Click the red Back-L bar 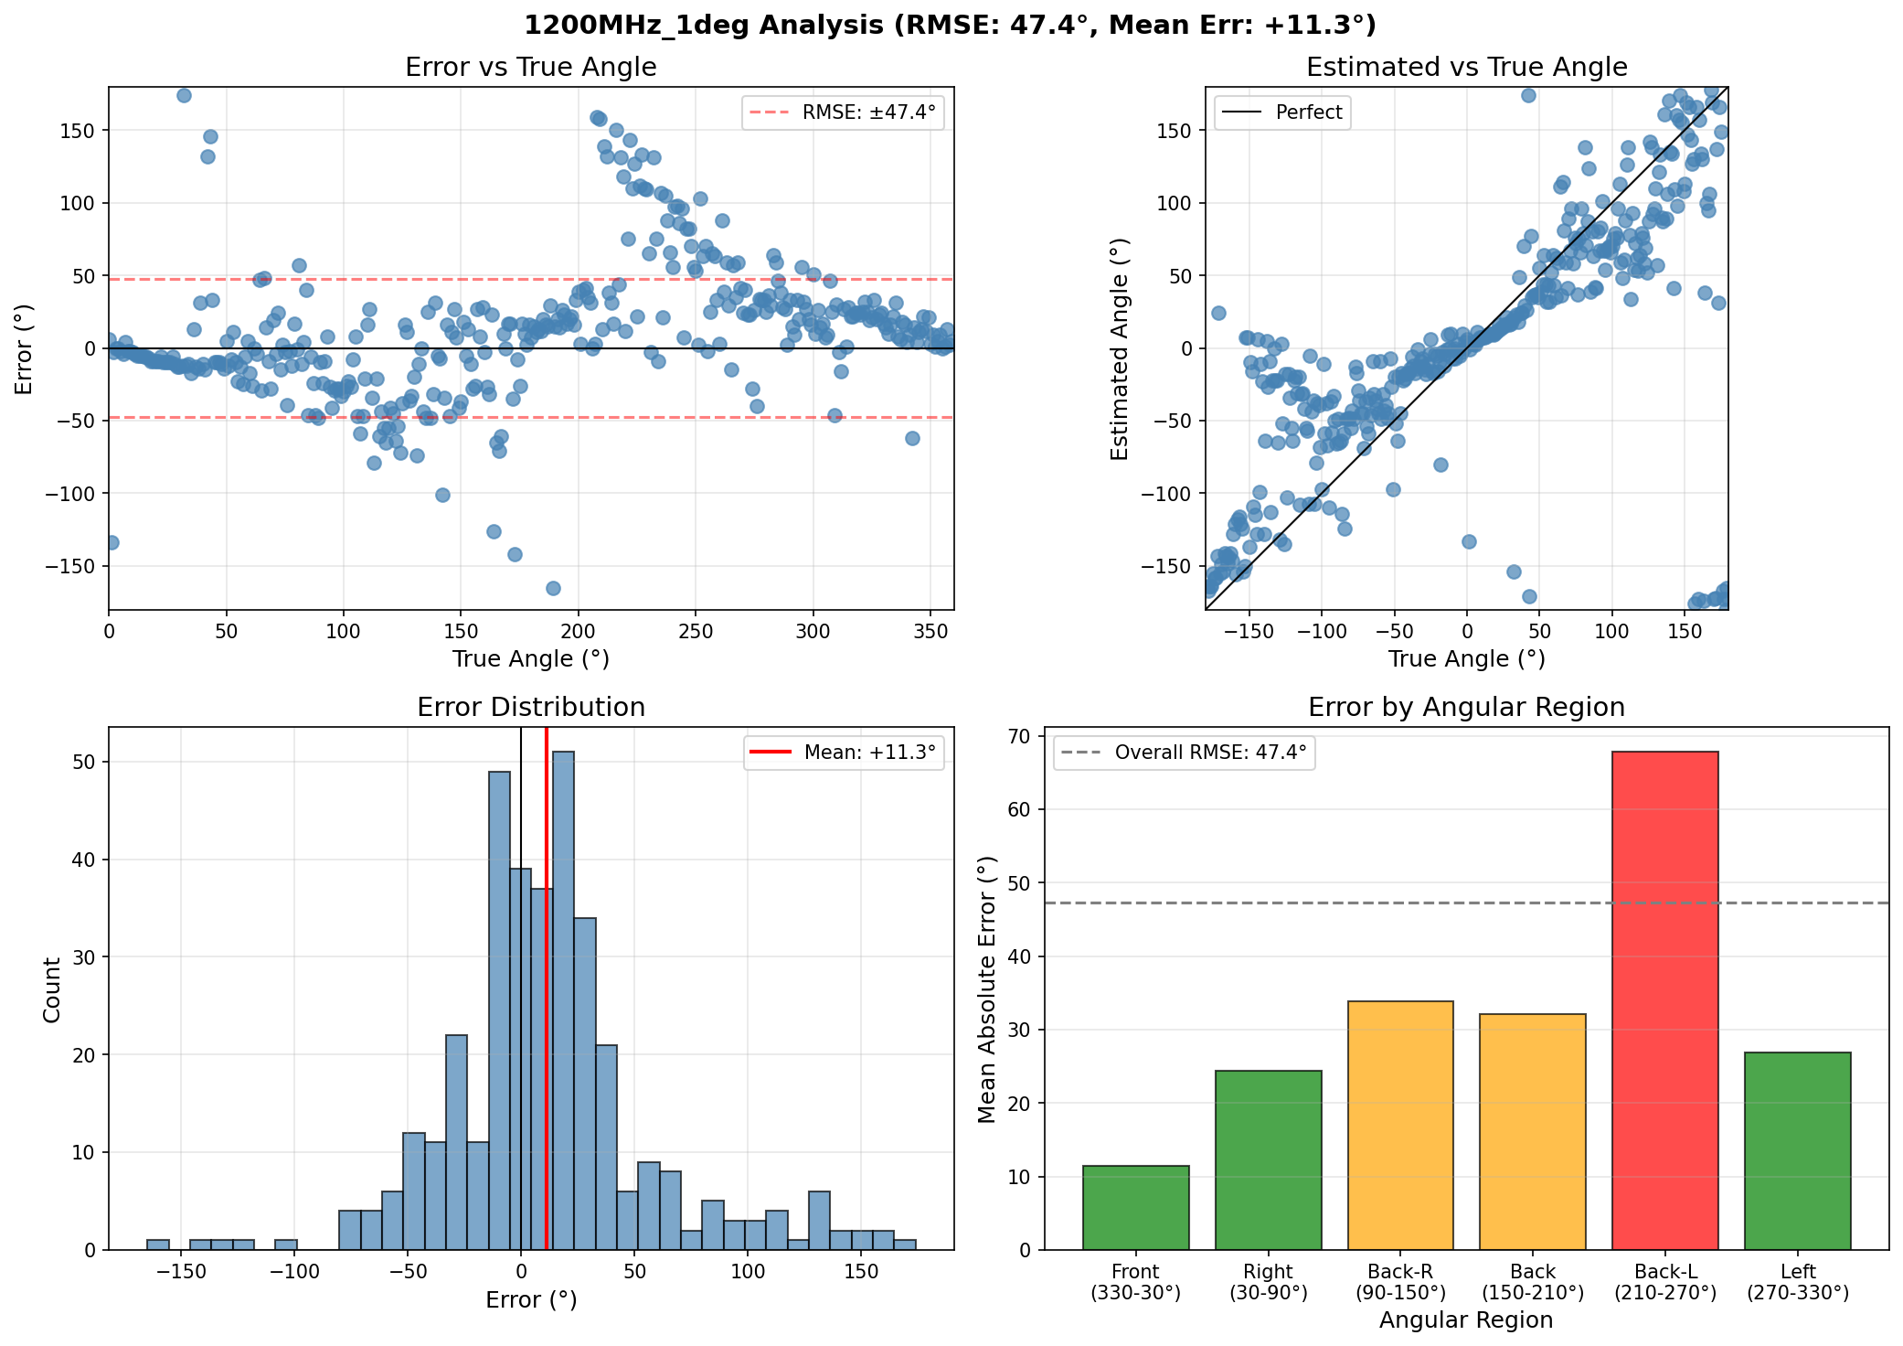[x=1664, y=1000]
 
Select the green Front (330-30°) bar [x=1135, y=1207]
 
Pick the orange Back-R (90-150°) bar [x=1400, y=1125]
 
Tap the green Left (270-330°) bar [x=1797, y=1150]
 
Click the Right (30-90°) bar [x=1268, y=1159]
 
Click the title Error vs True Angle [x=530, y=68]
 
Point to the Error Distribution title [x=530, y=708]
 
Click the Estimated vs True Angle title [x=1466, y=68]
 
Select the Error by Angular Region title [x=1466, y=708]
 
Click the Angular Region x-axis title [x=1466, y=1320]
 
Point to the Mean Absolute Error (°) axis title [x=986, y=989]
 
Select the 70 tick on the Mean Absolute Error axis [x=1043, y=736]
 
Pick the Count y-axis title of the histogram [x=52, y=989]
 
